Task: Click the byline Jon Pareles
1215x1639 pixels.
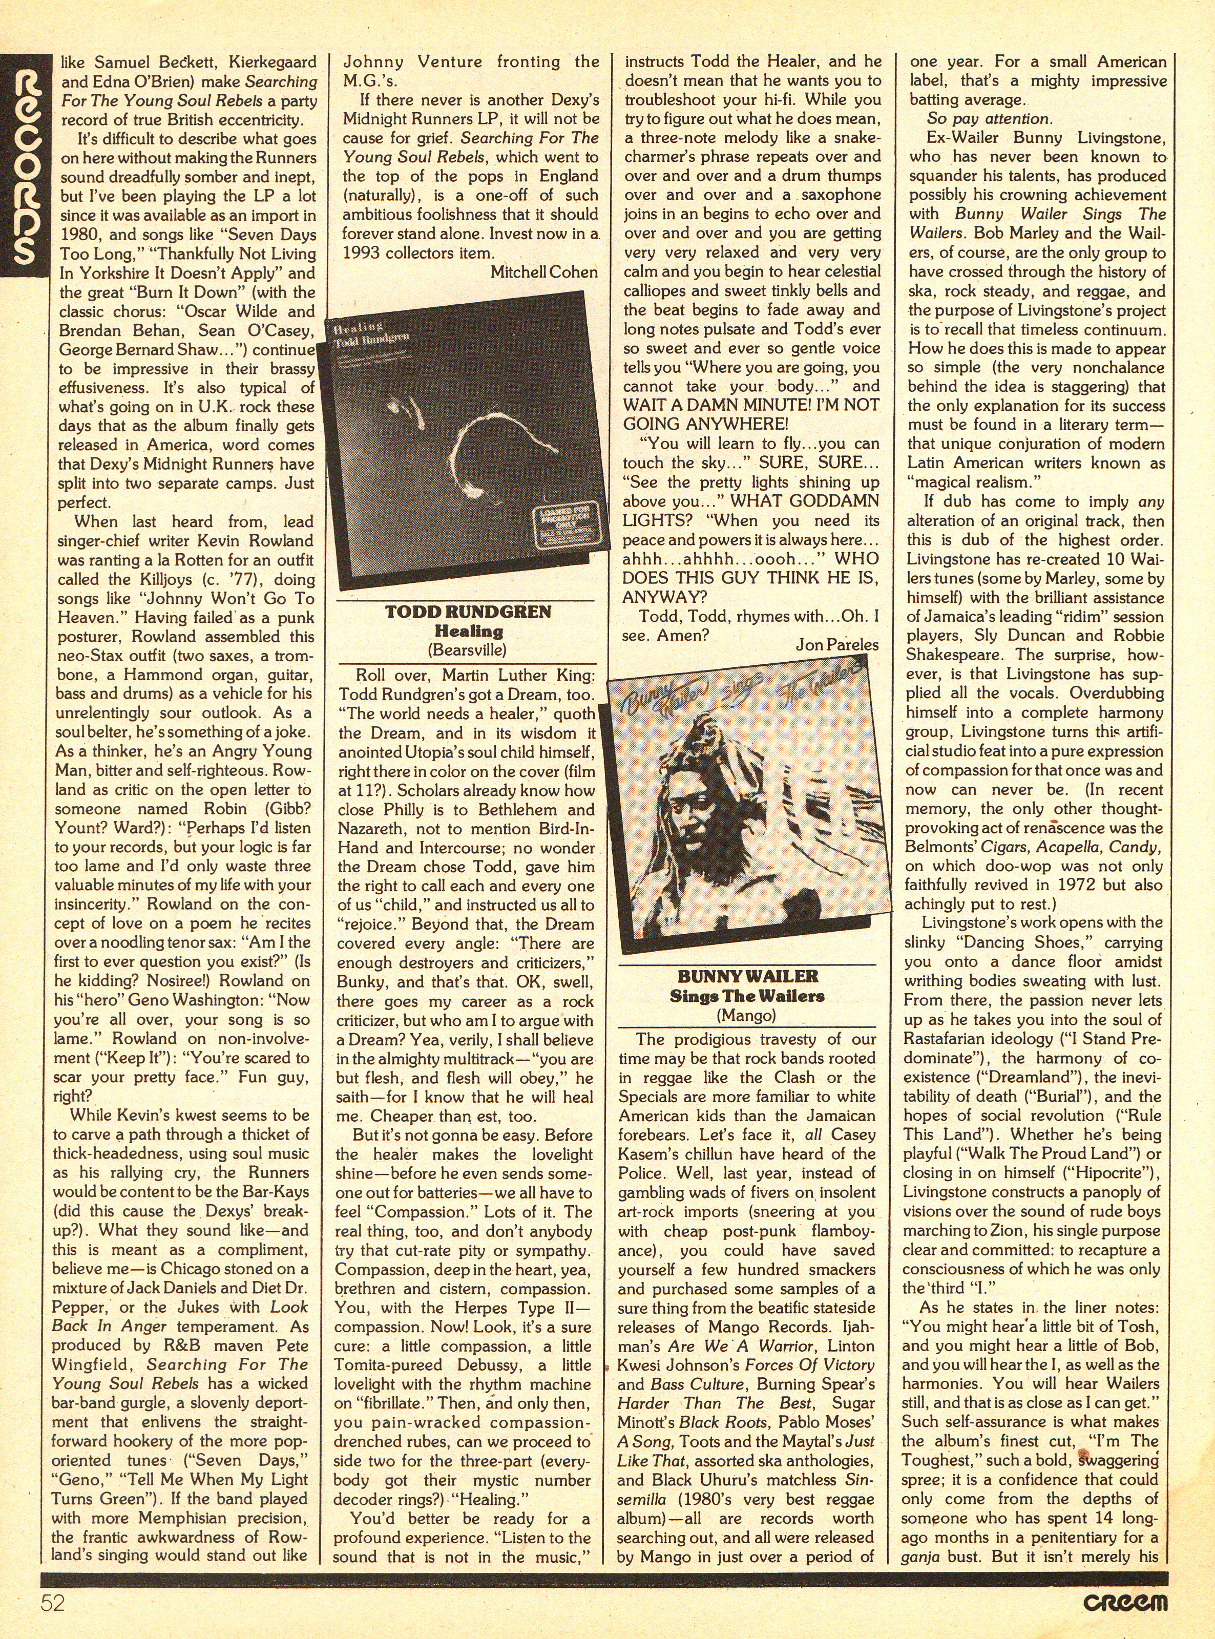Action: click(836, 644)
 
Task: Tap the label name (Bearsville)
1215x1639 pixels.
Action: click(468, 650)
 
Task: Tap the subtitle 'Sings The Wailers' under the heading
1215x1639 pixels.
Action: click(747, 996)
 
